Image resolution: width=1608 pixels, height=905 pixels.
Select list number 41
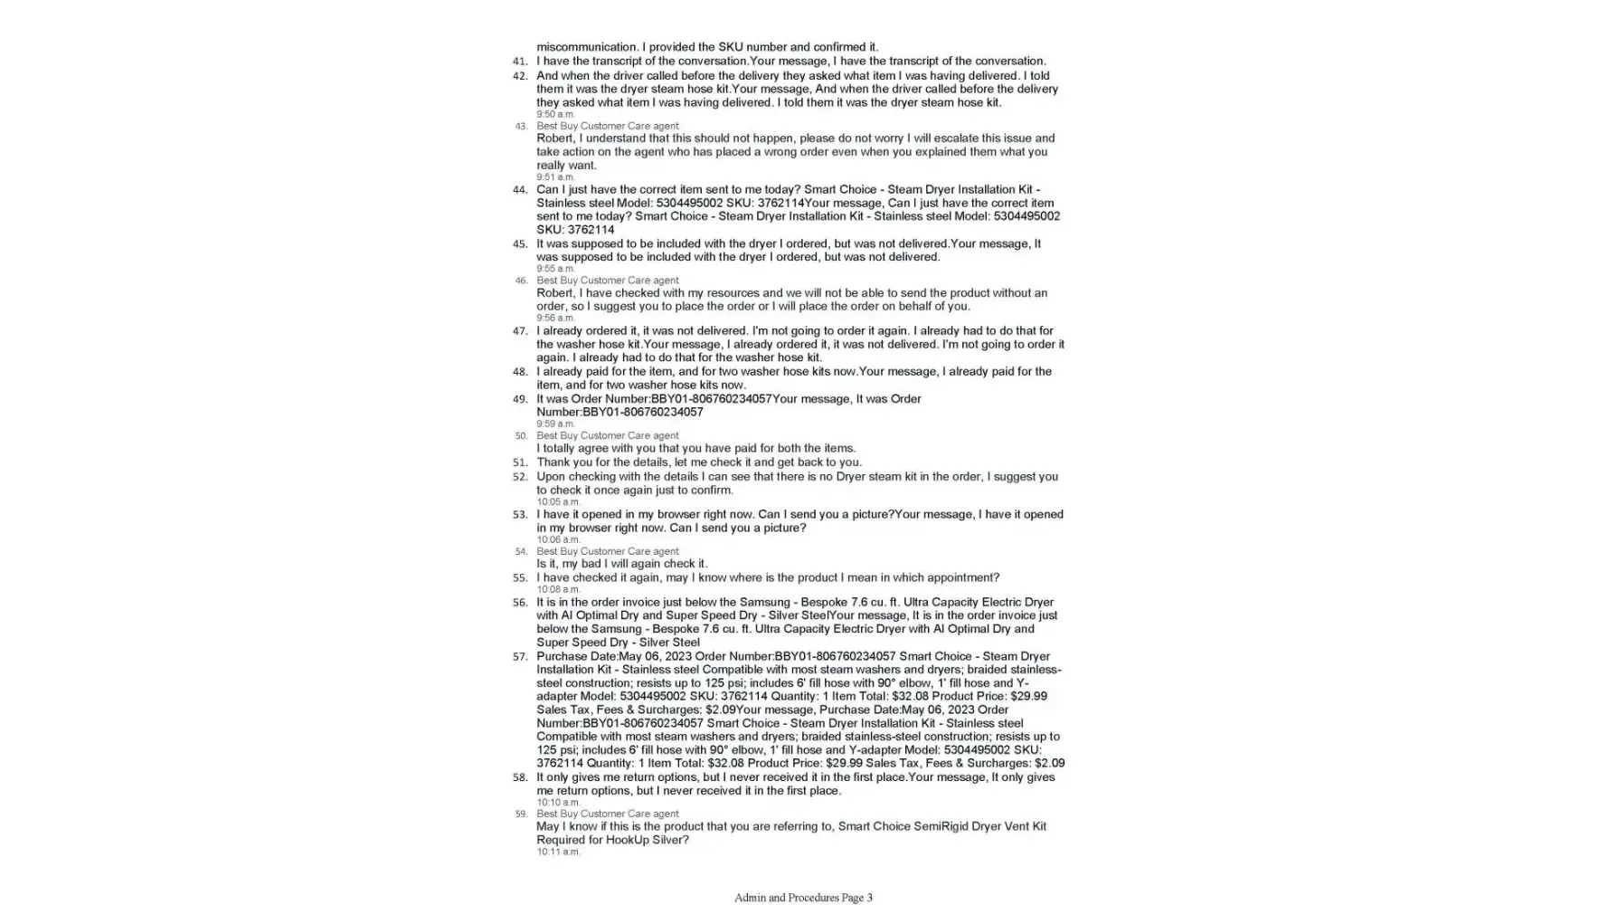(x=520, y=62)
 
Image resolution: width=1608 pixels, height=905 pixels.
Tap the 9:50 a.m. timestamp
(x=555, y=114)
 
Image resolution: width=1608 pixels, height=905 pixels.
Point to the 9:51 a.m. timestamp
(x=555, y=177)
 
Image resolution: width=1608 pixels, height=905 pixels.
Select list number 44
(x=520, y=190)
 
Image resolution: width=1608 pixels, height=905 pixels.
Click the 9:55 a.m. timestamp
(x=555, y=269)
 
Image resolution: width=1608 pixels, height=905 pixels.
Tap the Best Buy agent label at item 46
(x=607, y=281)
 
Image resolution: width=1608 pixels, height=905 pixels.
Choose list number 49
(x=520, y=399)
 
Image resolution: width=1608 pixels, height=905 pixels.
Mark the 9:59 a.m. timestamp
(x=555, y=424)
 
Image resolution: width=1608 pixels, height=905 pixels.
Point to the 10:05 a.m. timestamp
(x=558, y=501)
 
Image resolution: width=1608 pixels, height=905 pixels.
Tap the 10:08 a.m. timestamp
(x=558, y=589)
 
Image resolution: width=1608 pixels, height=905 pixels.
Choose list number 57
(x=520, y=657)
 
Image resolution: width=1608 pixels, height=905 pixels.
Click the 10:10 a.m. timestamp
(x=558, y=802)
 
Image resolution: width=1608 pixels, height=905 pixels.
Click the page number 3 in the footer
(x=869, y=898)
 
